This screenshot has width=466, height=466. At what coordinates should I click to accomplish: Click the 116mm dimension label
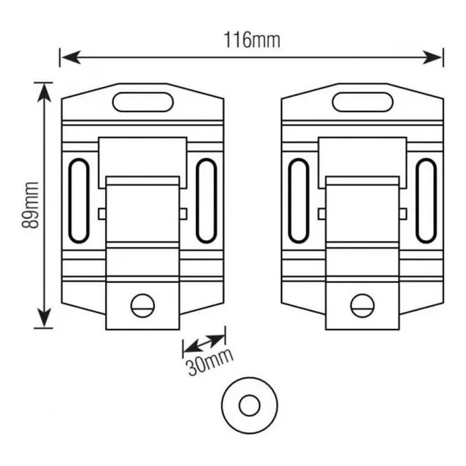252,40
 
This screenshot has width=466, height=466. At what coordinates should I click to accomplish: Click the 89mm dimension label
30,205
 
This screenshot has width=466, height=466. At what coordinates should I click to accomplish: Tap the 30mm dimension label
210,362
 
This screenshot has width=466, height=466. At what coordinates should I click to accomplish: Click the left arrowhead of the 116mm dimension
71,57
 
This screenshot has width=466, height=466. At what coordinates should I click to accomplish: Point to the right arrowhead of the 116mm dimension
432,57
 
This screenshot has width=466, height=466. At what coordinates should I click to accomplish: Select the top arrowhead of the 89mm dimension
44,93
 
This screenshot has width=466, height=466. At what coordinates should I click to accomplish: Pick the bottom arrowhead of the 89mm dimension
44,318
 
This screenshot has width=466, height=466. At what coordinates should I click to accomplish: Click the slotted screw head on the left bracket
143,305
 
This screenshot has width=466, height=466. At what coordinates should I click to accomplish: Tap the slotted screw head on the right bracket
363,305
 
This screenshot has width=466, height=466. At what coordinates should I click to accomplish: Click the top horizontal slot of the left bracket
143,103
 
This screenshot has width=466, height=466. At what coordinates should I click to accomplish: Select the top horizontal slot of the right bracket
363,103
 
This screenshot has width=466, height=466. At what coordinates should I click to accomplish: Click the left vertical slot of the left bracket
79,201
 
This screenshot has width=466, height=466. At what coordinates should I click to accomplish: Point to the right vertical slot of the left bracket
206,201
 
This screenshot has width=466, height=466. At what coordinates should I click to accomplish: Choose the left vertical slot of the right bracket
299,201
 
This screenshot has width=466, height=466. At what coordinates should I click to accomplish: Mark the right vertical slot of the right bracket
426,201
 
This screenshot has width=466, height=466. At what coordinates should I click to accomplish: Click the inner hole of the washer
249,405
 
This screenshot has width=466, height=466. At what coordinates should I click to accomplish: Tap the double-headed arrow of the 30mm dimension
203,344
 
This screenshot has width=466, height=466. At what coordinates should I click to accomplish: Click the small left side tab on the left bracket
102,214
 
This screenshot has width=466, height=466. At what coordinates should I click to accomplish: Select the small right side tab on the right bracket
404,214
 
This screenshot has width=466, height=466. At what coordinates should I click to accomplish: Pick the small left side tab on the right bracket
322,214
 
